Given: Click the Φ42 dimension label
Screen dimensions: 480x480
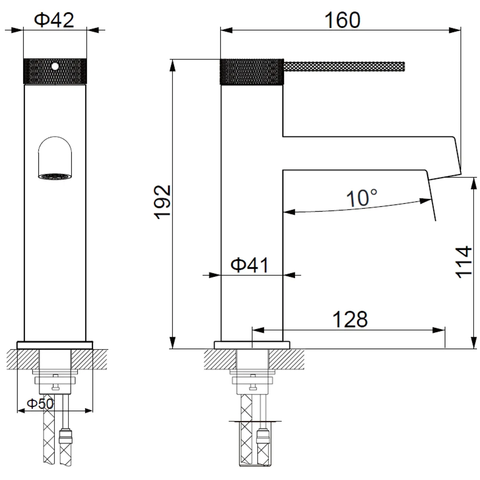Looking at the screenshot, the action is click(x=54, y=20).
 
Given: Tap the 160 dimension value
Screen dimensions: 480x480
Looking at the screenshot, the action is click(x=342, y=20).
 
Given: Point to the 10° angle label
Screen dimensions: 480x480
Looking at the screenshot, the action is click(x=362, y=198).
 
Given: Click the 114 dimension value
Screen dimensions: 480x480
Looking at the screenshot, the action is click(x=463, y=262).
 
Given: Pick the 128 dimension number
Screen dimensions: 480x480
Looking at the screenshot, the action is click(x=350, y=319).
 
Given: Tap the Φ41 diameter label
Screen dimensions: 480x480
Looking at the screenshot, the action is click(x=250, y=265).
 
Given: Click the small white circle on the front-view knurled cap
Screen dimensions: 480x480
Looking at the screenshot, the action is click(x=55, y=66).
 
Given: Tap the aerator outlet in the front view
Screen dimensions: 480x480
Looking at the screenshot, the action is click(x=54, y=176).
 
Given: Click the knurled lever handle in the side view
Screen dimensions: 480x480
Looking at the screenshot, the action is click(x=344, y=66).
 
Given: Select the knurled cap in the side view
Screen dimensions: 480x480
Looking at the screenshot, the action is click(x=252, y=72).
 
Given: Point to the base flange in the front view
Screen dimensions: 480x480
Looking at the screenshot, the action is click(x=55, y=345).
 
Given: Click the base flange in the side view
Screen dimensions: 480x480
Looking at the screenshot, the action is click(x=252, y=345).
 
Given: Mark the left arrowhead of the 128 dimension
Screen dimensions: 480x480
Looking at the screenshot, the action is click(x=258, y=330).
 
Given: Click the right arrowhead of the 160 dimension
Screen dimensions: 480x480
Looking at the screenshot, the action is click(x=454, y=30).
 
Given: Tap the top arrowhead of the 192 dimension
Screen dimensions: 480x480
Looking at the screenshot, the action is click(x=172, y=65).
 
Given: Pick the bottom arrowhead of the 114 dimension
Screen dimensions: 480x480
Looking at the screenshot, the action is click(x=473, y=342).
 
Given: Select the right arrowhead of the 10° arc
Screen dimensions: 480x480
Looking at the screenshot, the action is click(x=425, y=201).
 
